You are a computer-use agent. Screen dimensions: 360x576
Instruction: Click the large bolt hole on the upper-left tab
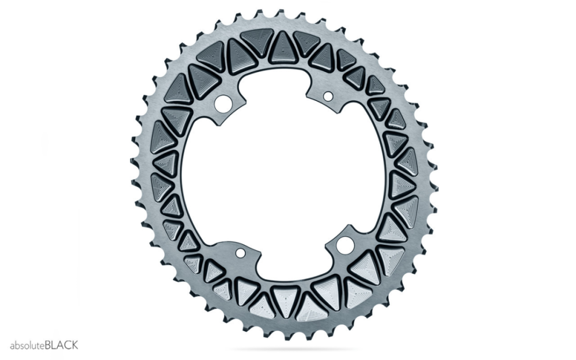click(x=223, y=103)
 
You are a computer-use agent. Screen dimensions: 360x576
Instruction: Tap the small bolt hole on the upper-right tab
click(x=328, y=96)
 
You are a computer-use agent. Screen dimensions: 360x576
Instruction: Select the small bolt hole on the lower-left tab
click(x=240, y=253)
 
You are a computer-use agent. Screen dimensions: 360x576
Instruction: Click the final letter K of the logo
click(x=74, y=346)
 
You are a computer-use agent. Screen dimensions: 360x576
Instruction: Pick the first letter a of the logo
click(x=12, y=346)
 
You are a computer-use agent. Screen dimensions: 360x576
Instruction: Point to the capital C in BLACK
click(x=67, y=346)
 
